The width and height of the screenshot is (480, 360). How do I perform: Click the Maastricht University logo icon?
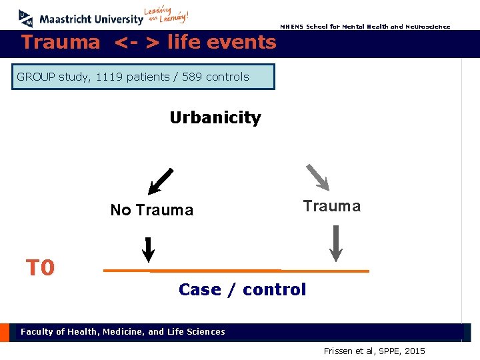(25, 18)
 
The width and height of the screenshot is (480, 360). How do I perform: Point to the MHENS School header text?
(365, 27)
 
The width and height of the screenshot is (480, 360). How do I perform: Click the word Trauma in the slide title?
(60, 42)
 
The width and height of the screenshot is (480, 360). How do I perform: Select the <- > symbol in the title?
(137, 43)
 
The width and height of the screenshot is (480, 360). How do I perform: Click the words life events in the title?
(221, 42)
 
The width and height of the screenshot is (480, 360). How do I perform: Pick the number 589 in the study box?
(193, 77)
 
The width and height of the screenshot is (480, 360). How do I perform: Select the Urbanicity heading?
(215, 118)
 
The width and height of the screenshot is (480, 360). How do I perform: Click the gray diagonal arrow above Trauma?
(317, 177)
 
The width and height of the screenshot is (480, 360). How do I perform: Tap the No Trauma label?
(151, 210)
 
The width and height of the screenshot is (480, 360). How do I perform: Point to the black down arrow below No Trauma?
(149, 249)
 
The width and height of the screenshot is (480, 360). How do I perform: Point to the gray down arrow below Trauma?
(336, 243)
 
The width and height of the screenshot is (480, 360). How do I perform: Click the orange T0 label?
(40, 268)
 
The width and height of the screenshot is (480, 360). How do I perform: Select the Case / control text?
(242, 289)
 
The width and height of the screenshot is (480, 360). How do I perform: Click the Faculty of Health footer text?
(123, 331)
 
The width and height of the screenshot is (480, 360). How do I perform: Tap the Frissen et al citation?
(374, 351)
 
